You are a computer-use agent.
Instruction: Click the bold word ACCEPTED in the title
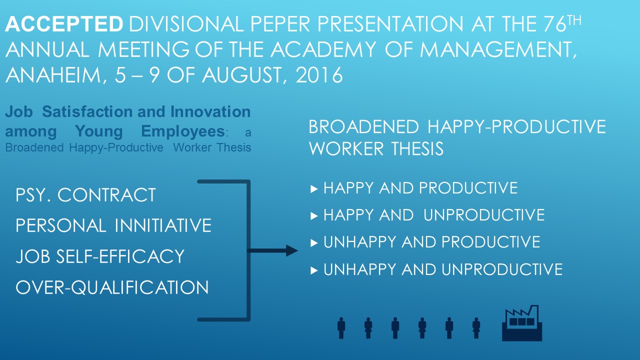64,23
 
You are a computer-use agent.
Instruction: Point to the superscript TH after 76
574,20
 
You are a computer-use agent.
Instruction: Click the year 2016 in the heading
319,75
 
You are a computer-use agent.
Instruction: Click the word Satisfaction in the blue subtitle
103,111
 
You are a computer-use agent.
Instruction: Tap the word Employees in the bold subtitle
183,131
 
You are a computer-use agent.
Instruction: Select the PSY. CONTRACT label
85,195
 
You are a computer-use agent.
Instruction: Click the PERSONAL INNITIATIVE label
113,225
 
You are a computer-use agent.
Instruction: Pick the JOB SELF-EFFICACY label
100,256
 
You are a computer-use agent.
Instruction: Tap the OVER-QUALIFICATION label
112,287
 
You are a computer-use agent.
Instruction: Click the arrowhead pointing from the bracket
291,250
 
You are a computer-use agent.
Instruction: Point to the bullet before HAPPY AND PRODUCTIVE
314,189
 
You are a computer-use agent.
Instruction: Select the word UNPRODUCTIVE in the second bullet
484,215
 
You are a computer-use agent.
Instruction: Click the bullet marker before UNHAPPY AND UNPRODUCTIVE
314,270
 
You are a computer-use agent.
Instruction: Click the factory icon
522,323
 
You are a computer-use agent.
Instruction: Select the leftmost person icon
341,328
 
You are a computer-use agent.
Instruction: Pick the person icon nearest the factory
476,328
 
